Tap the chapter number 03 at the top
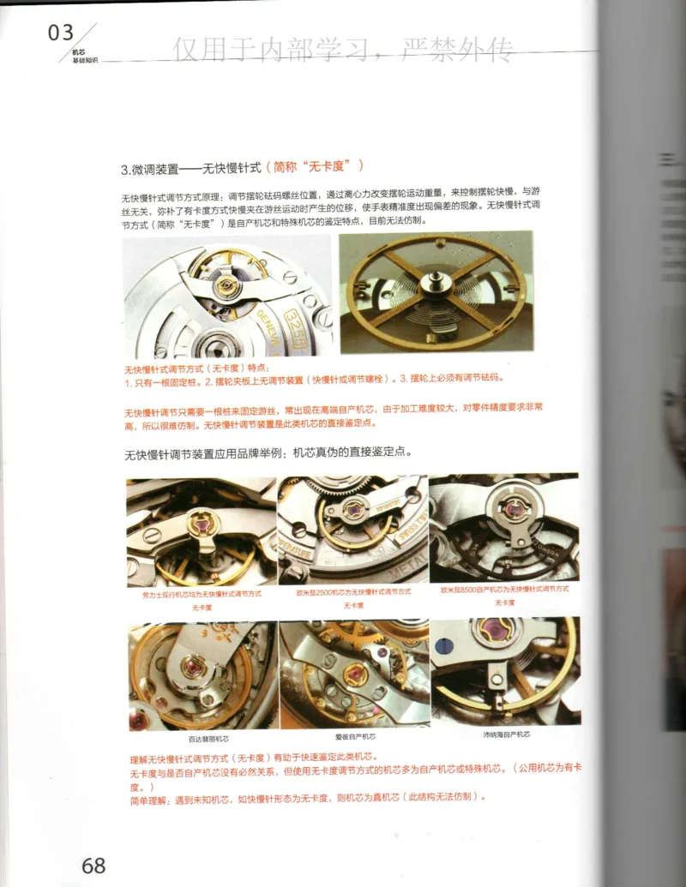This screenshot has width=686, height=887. click(61, 33)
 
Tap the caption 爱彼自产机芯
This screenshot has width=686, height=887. click(354, 736)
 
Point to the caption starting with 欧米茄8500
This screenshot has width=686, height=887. click(504, 589)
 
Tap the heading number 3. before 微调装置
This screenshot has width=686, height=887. click(127, 166)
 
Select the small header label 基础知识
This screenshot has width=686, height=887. click(84, 61)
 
